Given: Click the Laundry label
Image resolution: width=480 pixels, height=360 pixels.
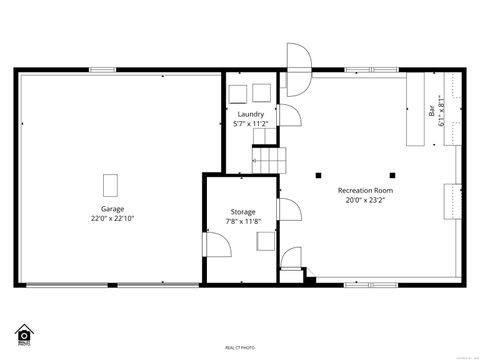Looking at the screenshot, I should tap(251, 114).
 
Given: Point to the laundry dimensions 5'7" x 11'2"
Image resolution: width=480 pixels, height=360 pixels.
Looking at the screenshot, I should tap(251, 124).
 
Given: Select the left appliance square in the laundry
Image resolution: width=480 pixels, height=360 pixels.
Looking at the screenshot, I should tap(239, 92).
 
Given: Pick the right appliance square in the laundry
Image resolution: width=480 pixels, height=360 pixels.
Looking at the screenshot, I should tap(262, 92).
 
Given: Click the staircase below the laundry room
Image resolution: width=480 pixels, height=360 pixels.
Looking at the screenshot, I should tap(268, 158).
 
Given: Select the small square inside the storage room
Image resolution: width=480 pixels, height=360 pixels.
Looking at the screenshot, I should tap(265, 241).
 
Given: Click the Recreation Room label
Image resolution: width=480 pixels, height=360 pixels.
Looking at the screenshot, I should tap(365, 189).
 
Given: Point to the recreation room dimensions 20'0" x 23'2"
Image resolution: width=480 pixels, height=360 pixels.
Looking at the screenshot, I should tap(365, 199).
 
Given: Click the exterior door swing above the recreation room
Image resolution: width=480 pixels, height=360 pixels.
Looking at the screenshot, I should tap(298, 58).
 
